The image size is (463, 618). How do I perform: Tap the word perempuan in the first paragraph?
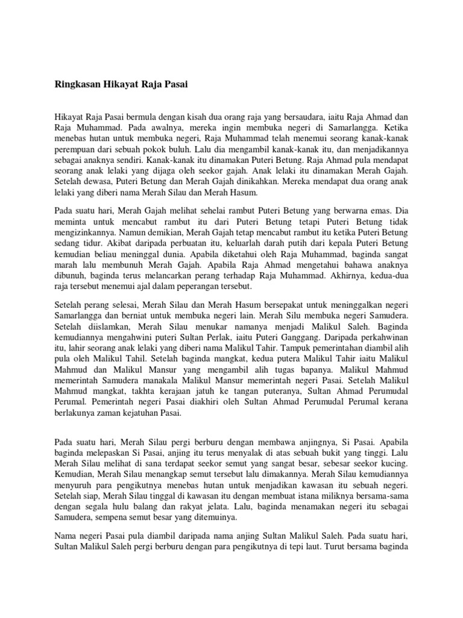73,149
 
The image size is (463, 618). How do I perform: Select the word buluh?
184,149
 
